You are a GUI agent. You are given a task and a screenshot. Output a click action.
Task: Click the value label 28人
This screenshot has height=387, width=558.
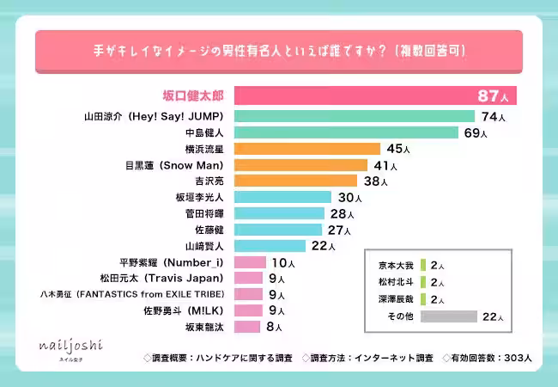coord(340,213)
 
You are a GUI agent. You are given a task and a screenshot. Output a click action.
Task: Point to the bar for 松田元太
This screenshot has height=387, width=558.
coord(248,278)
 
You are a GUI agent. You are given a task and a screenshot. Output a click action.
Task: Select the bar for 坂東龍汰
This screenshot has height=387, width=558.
coord(246,327)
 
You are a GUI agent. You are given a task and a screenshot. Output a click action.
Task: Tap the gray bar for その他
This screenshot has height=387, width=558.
coord(448,317)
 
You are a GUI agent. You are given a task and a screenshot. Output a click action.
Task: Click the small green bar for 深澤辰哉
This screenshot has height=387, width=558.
coord(423,300)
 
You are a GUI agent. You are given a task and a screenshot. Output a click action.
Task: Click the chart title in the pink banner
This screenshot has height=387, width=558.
coord(279,52)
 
